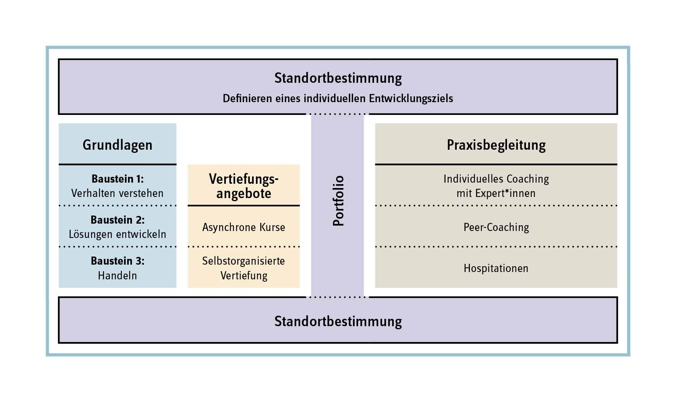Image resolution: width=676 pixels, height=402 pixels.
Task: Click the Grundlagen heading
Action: (x=118, y=145)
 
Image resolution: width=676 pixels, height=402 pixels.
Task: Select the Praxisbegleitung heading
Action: (x=496, y=145)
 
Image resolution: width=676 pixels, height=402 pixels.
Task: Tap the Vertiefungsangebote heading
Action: (x=244, y=186)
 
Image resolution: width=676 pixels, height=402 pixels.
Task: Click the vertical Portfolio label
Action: (x=338, y=200)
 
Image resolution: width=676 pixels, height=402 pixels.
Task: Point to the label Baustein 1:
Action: (x=118, y=179)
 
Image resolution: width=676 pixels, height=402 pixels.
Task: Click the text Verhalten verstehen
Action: (x=118, y=193)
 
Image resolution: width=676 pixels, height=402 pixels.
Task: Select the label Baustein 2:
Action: (x=118, y=220)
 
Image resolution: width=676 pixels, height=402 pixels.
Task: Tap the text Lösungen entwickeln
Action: (x=118, y=234)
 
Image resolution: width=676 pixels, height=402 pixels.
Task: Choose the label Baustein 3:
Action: (x=118, y=261)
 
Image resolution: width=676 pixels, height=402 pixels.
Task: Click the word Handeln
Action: (x=118, y=275)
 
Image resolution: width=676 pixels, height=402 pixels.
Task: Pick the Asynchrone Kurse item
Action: (x=244, y=227)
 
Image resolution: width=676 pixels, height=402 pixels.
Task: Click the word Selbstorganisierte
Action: (x=244, y=261)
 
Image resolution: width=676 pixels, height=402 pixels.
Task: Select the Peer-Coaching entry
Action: (x=496, y=227)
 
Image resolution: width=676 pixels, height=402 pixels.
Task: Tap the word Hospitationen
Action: (x=496, y=268)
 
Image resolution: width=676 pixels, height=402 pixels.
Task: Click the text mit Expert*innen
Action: (x=496, y=193)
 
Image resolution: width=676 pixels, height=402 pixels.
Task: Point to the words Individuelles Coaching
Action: (x=496, y=179)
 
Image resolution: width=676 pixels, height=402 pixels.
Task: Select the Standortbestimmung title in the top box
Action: (x=338, y=78)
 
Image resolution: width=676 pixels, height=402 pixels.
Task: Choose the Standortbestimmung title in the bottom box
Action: (x=338, y=322)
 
